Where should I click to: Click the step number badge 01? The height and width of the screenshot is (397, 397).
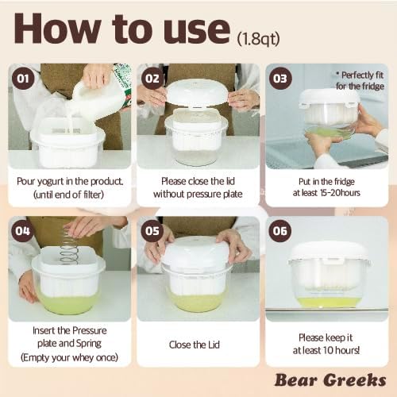(x=23, y=79)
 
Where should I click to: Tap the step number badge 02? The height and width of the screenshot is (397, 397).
(x=152, y=79)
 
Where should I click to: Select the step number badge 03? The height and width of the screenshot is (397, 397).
(x=280, y=79)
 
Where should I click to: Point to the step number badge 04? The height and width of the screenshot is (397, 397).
(x=22, y=231)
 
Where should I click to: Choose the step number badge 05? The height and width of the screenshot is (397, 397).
(x=152, y=231)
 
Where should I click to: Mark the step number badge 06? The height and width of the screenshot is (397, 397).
(x=280, y=231)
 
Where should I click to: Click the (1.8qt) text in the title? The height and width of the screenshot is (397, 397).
(x=258, y=39)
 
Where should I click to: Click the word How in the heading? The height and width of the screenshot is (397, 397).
(x=58, y=29)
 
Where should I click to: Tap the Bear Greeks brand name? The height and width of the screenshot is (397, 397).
(x=330, y=380)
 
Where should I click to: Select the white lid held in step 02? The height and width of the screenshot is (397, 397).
(x=197, y=93)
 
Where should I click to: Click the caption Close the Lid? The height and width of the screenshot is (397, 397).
(x=195, y=345)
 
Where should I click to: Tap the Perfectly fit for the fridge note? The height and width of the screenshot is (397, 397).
(x=360, y=80)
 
